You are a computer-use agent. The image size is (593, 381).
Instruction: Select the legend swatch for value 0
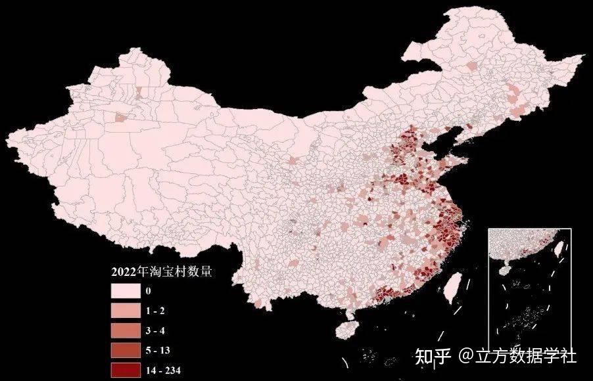pos(128,291)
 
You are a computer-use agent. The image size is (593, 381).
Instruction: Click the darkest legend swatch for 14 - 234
pos(128,369)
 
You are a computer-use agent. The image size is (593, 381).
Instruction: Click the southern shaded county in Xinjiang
pos(121,118)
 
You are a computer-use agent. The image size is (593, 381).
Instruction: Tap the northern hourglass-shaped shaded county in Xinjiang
pos(139,91)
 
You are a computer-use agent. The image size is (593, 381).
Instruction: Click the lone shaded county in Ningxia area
pos(293,160)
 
